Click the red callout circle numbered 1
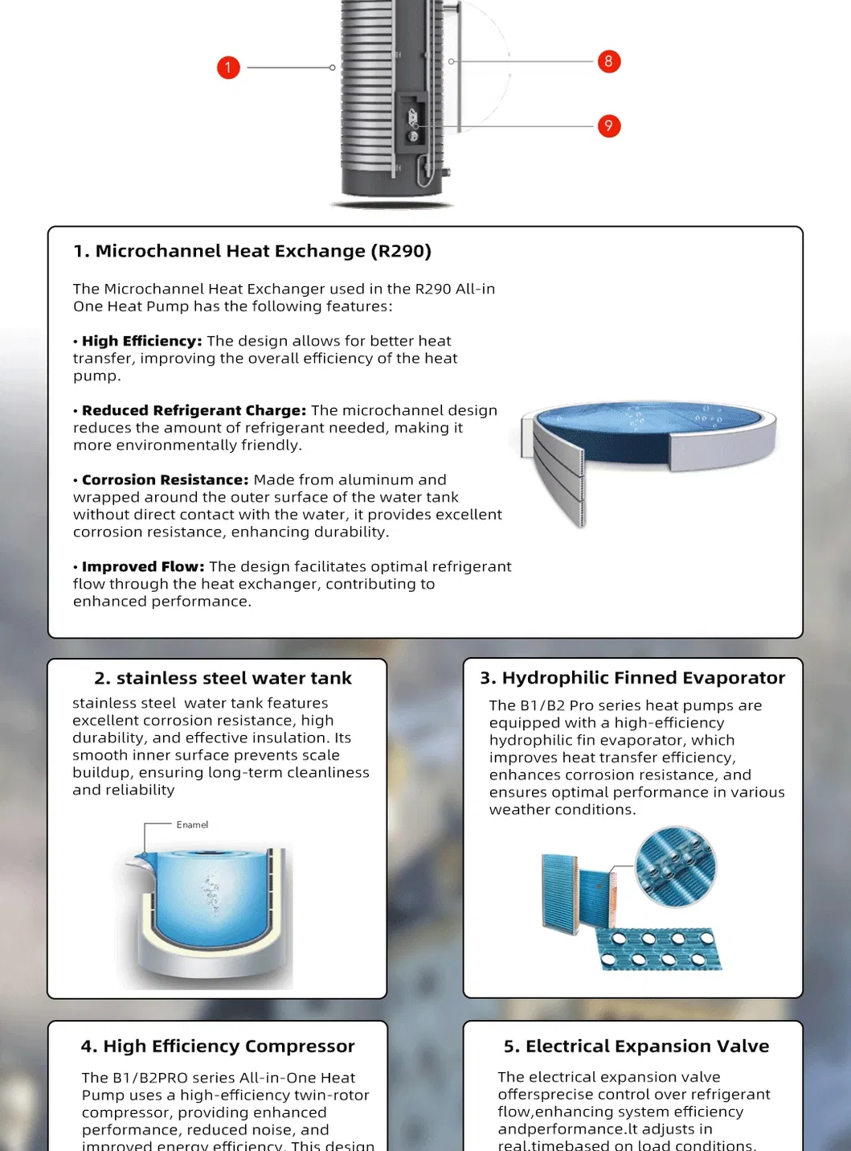(x=228, y=68)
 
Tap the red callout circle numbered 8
(x=608, y=61)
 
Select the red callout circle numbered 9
(x=608, y=126)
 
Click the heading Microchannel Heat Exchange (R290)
(x=252, y=251)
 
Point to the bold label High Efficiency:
(x=141, y=341)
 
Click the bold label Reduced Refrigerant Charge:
(x=194, y=410)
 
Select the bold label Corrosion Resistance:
(x=165, y=480)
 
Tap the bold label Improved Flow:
(x=143, y=567)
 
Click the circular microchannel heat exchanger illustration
(x=648, y=450)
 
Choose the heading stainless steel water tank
(x=223, y=678)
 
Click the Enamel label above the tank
(x=192, y=824)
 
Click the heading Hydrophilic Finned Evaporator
(x=632, y=678)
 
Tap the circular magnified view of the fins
(x=675, y=867)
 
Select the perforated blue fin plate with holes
(x=659, y=949)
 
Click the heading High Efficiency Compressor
(x=217, y=1046)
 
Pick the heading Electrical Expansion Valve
(x=636, y=1046)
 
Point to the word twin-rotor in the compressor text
(x=330, y=1096)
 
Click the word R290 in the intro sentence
(x=432, y=289)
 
